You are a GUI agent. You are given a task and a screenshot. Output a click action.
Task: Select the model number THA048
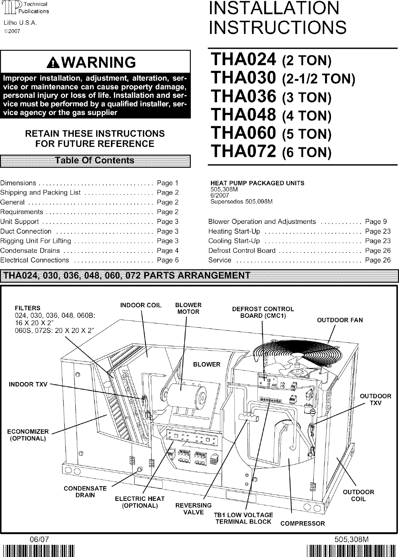pyautogui.click(x=243, y=115)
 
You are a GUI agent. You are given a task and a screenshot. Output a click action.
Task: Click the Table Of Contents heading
pyautogui.click(x=95, y=161)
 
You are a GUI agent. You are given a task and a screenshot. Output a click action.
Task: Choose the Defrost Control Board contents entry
pyautogui.click(x=242, y=251)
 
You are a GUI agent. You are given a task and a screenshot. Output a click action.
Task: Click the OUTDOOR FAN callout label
pyautogui.click(x=340, y=320)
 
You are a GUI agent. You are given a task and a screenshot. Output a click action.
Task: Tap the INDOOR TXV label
pyautogui.click(x=28, y=385)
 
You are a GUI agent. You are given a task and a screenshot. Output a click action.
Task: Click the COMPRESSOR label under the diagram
pyautogui.click(x=302, y=523)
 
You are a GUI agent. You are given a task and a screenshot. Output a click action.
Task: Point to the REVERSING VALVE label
pyautogui.click(x=193, y=509)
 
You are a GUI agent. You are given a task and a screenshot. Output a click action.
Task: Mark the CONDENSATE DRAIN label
pyautogui.click(x=85, y=492)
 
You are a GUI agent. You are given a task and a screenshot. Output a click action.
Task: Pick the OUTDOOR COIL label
pyautogui.click(x=358, y=495)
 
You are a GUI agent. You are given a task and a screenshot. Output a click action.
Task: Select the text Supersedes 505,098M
pyautogui.click(x=241, y=202)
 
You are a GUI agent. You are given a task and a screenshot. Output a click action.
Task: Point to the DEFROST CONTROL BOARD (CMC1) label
pyautogui.click(x=263, y=312)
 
